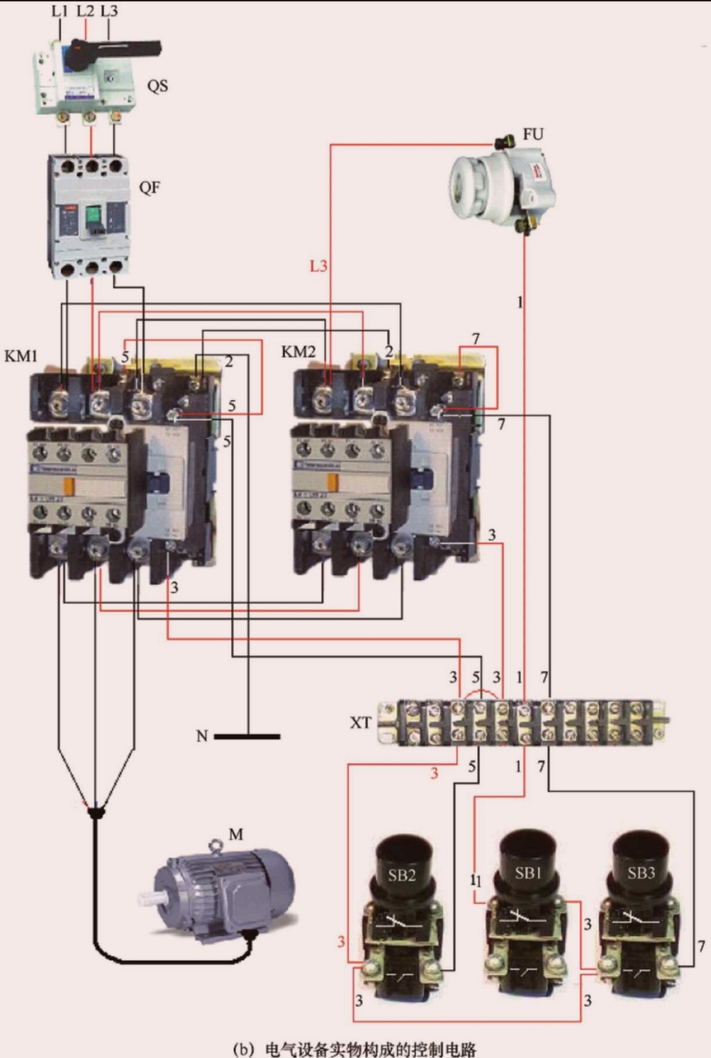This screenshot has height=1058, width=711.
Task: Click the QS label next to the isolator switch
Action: coord(157,84)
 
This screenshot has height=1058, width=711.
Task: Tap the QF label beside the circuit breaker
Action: coord(150,187)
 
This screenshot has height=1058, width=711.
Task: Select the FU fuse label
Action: coord(533,134)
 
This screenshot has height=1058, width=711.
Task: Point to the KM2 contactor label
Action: coord(298,351)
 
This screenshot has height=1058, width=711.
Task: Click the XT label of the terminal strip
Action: coord(360,722)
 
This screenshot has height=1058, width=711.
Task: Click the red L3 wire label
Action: coord(319,266)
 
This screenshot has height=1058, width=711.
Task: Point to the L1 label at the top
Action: coord(60,11)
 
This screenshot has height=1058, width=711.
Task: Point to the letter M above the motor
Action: coord(236,834)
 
